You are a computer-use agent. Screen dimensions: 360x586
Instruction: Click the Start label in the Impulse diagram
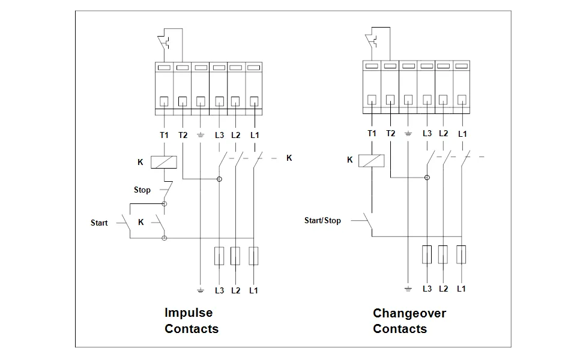(x=99, y=223)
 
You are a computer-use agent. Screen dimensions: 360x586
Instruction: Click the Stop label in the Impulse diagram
(x=142, y=190)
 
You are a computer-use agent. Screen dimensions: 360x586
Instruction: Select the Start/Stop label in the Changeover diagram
(x=322, y=220)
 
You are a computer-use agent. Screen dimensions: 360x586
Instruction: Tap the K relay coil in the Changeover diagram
(x=372, y=160)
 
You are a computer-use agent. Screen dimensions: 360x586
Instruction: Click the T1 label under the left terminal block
(x=164, y=135)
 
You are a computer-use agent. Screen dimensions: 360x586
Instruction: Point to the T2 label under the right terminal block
(x=391, y=133)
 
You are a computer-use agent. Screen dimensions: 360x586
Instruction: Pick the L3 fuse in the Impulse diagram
(x=220, y=256)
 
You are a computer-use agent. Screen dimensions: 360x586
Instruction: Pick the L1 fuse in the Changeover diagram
(x=462, y=254)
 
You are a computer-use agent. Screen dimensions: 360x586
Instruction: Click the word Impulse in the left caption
(x=189, y=313)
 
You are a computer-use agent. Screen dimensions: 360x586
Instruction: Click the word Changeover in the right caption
(x=409, y=313)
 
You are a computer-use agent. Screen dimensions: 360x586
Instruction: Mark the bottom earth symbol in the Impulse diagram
(x=201, y=290)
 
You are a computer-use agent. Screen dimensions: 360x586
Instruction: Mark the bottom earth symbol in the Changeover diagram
(x=408, y=289)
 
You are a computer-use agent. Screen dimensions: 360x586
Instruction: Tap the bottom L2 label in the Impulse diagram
(x=235, y=290)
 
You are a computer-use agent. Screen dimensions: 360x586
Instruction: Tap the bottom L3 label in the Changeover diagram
(x=427, y=289)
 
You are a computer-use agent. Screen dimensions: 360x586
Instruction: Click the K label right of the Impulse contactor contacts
(x=289, y=158)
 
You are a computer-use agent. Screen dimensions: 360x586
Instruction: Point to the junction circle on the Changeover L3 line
(x=427, y=178)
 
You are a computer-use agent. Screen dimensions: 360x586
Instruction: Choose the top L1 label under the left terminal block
(x=255, y=135)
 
